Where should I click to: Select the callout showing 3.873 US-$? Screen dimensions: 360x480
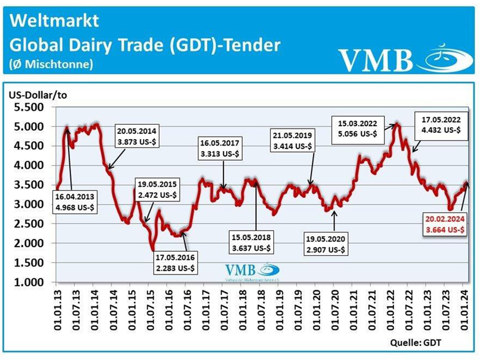[137, 136]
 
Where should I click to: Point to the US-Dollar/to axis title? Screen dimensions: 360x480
[38, 95]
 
